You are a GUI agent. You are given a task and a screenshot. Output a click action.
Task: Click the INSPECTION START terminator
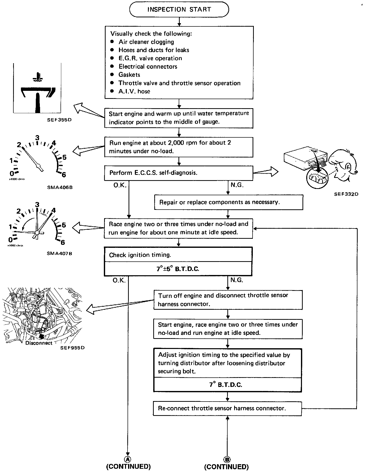point(179,10)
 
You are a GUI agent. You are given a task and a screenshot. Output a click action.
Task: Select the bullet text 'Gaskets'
point(129,75)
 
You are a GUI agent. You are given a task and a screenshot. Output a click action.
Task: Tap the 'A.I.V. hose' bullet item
point(134,91)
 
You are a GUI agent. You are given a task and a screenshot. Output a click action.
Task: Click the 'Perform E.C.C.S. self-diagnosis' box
point(178,173)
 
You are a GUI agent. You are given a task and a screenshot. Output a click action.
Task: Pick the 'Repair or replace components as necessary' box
point(228,202)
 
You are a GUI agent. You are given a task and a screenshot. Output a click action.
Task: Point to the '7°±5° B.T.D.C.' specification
point(178,269)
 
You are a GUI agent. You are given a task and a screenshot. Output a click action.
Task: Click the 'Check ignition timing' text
point(140,255)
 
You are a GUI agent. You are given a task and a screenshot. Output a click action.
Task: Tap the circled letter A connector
point(128,459)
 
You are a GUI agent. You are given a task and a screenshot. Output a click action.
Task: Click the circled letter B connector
point(227,459)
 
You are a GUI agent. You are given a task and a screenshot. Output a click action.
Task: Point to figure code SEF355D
point(59,120)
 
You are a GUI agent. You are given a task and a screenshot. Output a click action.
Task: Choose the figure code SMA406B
point(60,187)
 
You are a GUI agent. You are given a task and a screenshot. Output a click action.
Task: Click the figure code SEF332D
point(346,194)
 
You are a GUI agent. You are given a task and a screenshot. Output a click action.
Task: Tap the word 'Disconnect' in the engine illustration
point(39,343)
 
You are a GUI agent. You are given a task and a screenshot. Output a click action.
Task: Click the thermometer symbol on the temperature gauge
point(37,77)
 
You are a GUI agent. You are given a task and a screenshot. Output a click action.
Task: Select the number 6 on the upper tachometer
point(64,174)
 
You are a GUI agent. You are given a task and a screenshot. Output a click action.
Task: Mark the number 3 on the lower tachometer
point(37,205)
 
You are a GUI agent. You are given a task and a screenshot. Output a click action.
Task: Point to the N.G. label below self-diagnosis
point(237,185)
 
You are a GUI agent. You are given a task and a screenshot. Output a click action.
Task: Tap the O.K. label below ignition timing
point(119,280)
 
